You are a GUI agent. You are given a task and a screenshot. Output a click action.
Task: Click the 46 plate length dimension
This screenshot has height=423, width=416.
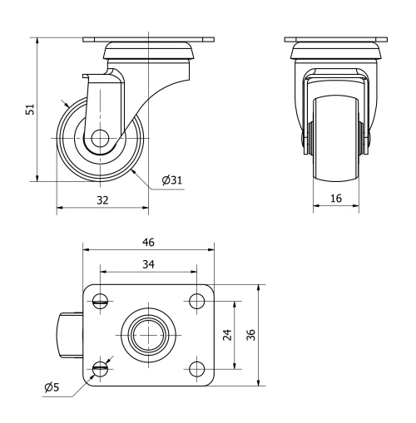pos(148,242)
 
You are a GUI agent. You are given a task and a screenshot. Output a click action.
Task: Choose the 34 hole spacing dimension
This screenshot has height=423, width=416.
pos(148,264)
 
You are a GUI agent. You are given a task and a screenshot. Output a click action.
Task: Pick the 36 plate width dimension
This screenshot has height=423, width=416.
pos(250,334)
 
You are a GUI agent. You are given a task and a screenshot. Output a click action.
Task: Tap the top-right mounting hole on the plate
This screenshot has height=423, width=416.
pos(196,300)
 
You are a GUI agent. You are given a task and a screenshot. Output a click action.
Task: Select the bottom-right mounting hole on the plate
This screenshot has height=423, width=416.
pos(196,368)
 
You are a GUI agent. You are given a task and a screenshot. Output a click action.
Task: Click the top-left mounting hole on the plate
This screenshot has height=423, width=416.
pos(101,300)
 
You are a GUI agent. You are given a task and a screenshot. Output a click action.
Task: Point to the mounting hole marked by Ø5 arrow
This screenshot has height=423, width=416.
pos(101,368)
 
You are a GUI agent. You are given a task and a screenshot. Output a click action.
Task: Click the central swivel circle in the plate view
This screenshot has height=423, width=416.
pos(148,334)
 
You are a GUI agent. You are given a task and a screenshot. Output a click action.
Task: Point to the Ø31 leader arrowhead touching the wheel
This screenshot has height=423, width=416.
pos(133,170)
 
